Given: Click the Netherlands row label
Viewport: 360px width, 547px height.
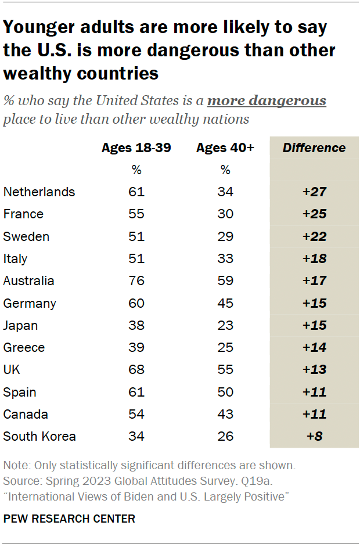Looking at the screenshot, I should [x=39, y=192].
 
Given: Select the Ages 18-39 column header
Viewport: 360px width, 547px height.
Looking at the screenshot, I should [x=136, y=147].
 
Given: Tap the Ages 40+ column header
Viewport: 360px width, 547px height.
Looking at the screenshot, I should [x=225, y=147].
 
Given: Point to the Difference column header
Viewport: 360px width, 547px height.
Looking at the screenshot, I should [x=314, y=147].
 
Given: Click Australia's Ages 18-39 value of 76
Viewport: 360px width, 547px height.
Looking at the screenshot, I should [x=136, y=281].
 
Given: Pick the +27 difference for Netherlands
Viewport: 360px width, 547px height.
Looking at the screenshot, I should [x=314, y=192].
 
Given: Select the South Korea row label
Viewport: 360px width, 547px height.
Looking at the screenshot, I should [x=39, y=437].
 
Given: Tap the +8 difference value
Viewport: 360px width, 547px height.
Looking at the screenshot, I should [x=314, y=437].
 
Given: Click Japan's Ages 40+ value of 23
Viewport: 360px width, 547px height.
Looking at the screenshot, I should [x=225, y=326].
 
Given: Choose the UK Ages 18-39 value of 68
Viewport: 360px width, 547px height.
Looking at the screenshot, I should [x=136, y=370].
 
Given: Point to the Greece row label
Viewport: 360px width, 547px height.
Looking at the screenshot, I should [x=24, y=348].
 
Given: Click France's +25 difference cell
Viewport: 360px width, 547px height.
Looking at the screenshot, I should [x=314, y=214].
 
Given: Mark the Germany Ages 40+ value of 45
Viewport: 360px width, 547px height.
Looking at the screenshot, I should [x=225, y=303].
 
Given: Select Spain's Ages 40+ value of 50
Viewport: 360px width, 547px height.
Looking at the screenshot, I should [x=225, y=393].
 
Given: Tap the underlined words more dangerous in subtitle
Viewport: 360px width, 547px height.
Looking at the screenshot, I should [x=267, y=101].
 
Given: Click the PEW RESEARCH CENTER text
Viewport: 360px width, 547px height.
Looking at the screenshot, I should [x=69, y=519].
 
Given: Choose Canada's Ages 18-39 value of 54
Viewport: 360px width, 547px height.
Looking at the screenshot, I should [x=136, y=415].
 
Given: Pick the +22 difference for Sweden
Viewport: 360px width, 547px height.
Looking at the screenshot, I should [x=314, y=237].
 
